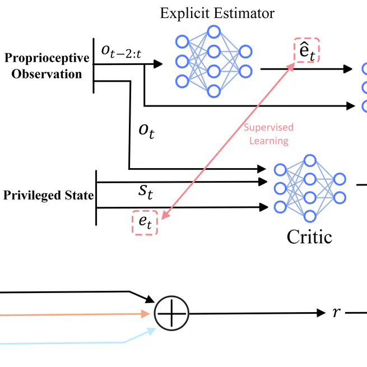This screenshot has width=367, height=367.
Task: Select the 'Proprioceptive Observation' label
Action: [x=47, y=66]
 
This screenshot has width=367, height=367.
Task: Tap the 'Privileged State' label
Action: [x=48, y=196]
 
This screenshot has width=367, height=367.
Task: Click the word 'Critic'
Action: [x=309, y=236]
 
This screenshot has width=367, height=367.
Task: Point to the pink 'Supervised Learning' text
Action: [x=268, y=134]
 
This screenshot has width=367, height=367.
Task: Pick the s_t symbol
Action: [x=146, y=192]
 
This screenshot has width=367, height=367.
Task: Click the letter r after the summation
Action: [x=336, y=312]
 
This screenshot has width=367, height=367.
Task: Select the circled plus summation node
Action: [x=172, y=312]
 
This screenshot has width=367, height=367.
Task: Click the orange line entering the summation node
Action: [x=73, y=315]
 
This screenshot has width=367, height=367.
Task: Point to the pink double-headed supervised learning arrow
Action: [x=230, y=140]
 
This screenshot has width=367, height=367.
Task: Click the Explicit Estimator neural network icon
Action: [x=213, y=61]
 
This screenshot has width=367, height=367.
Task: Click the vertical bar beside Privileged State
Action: [x=96, y=197]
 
